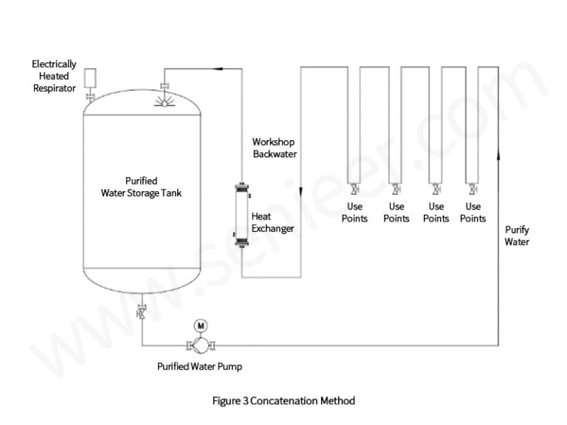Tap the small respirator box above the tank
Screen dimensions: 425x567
[x=92, y=77]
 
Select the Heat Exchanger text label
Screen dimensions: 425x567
[x=272, y=222]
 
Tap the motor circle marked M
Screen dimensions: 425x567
[x=200, y=325]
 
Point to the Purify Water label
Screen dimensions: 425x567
[x=517, y=236]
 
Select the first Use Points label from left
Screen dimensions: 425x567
[x=355, y=212]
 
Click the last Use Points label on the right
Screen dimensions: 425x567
[x=473, y=212]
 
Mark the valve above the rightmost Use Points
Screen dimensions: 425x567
[x=470, y=188]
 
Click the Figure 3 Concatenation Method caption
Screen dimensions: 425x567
[x=283, y=401]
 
